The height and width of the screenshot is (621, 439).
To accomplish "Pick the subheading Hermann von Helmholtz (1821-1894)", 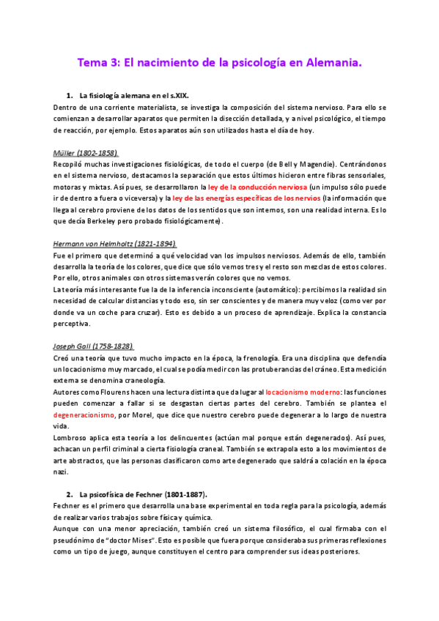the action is click(x=115, y=244).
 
